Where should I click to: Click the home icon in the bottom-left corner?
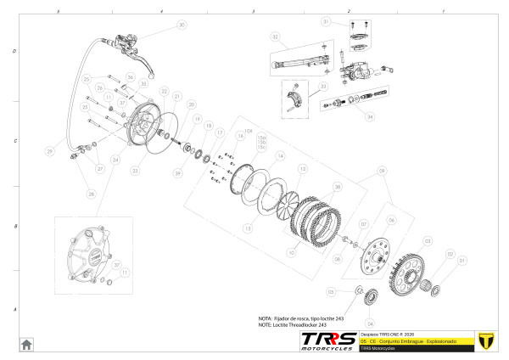pyautogui.click(x=26, y=343)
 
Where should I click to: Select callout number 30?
pyautogui.click(x=181, y=25)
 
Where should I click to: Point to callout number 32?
pyautogui.click(x=275, y=37)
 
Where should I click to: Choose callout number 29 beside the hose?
pyautogui.click(x=49, y=151)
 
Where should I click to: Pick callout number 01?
pyautogui.click(x=462, y=260)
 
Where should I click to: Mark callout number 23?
pyautogui.click(x=134, y=170)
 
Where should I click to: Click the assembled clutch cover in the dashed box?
pyautogui.click(x=89, y=250)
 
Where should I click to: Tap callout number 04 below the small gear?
pyautogui.click(x=370, y=323)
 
